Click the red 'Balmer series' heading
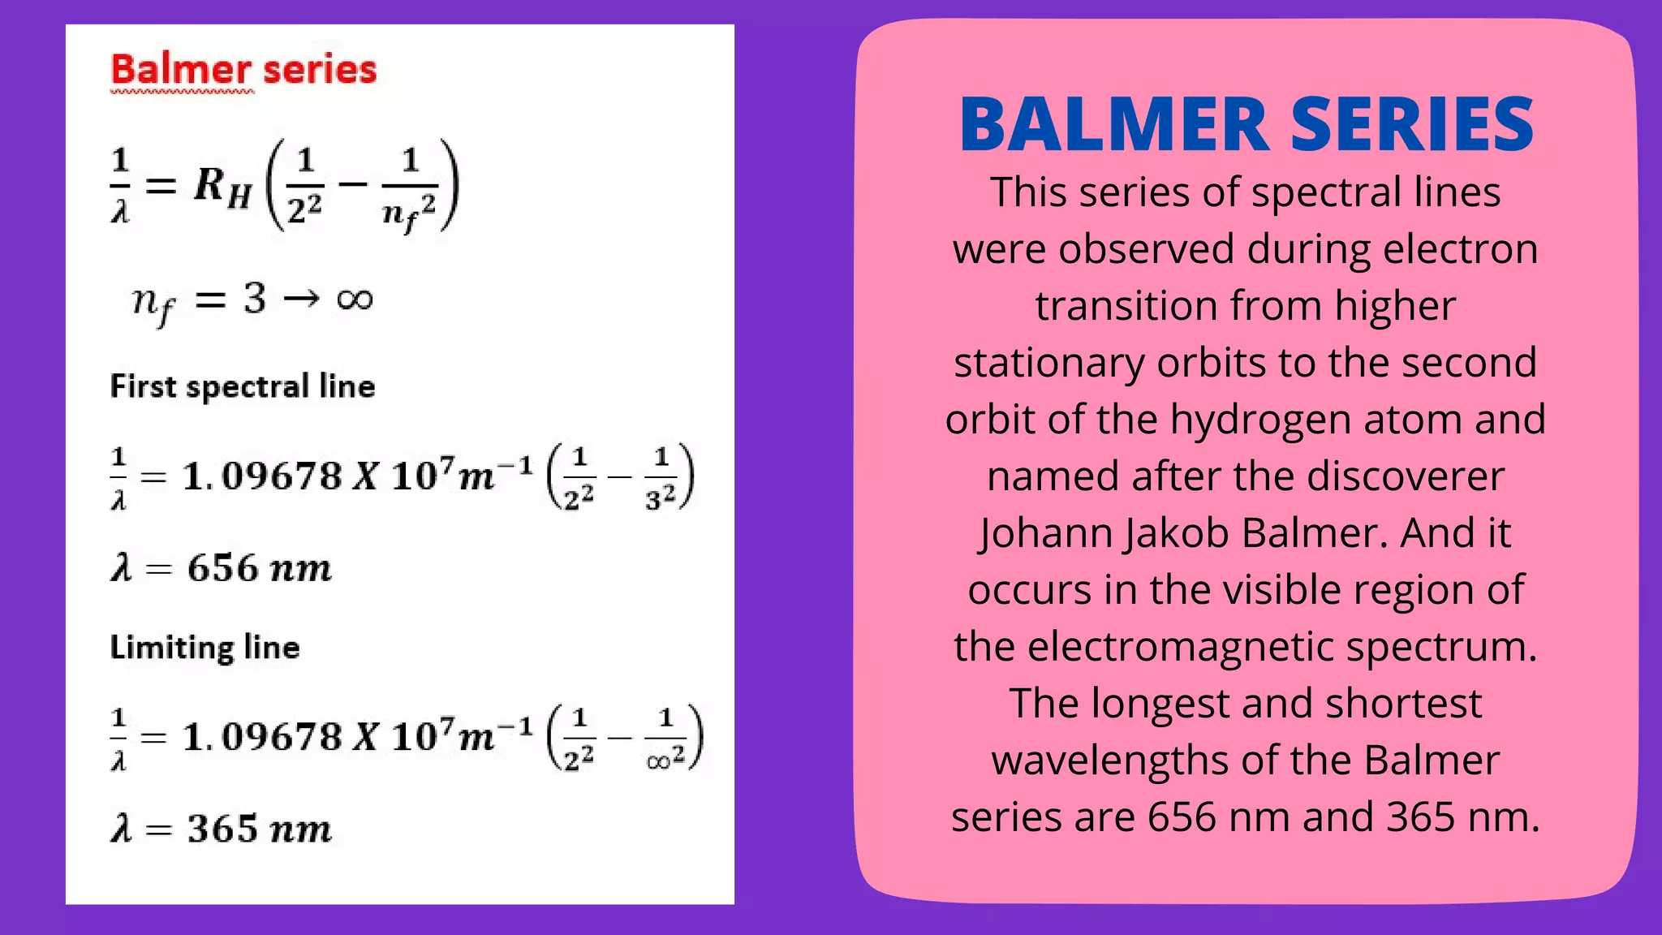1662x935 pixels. click(243, 70)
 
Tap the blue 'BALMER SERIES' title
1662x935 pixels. click(1246, 125)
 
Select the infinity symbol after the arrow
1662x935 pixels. click(355, 299)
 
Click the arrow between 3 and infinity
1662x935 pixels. click(301, 299)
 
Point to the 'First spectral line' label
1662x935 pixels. click(243, 387)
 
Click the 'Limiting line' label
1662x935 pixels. click(205, 648)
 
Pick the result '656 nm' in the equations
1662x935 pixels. click(259, 568)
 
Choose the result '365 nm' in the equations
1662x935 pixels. click(259, 829)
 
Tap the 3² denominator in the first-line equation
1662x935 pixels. click(661, 497)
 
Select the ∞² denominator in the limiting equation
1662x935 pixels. click(665, 759)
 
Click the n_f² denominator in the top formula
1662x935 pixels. click(409, 213)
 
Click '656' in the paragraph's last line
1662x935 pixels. click(1182, 817)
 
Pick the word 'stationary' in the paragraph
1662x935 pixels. click(1049, 363)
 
